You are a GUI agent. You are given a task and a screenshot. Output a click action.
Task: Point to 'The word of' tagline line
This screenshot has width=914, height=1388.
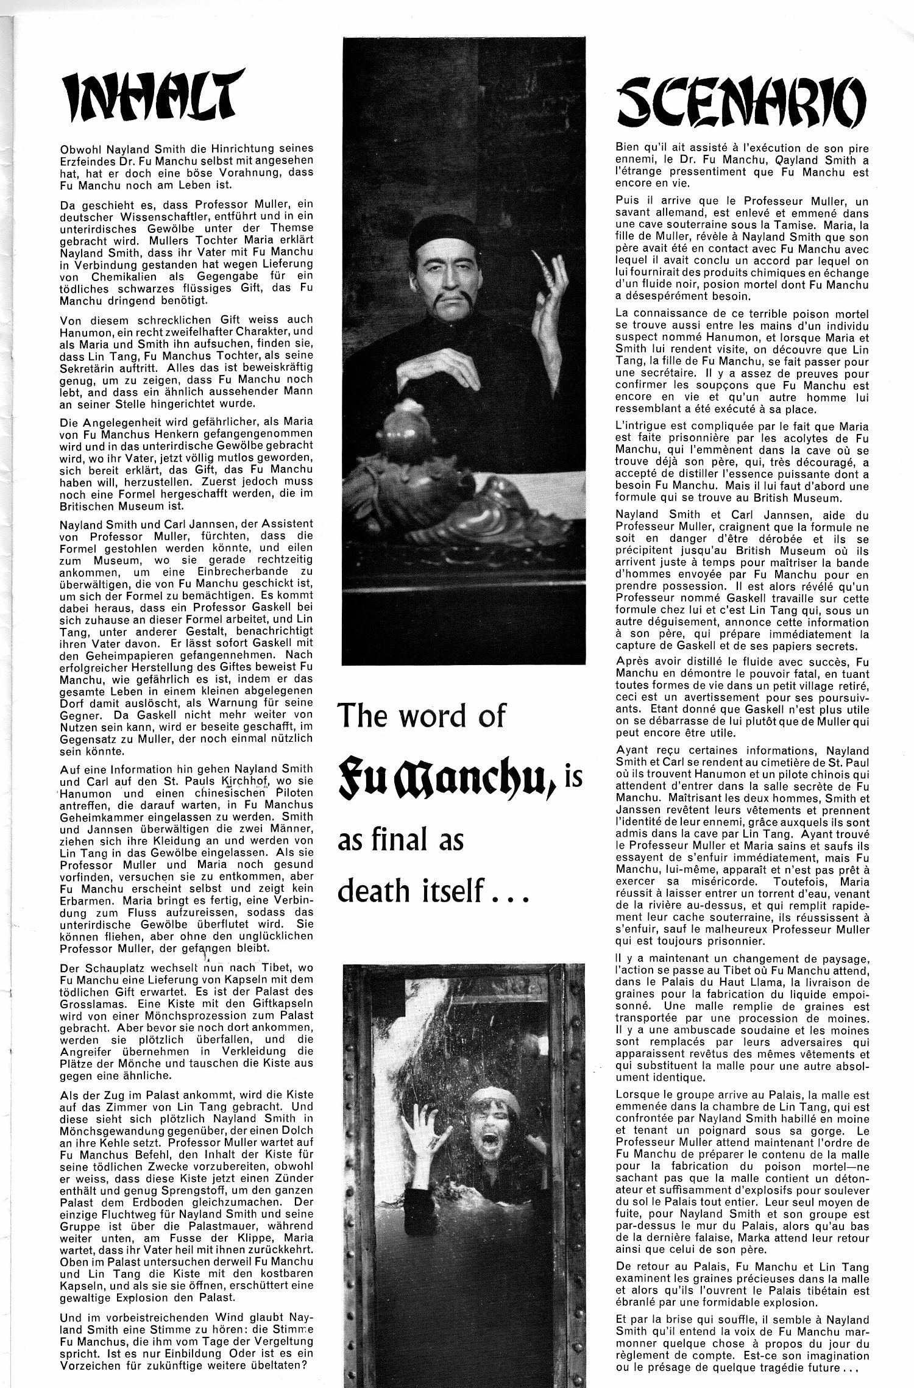[421, 716]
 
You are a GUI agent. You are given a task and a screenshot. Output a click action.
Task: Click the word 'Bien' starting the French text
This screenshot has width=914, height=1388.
[628, 148]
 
